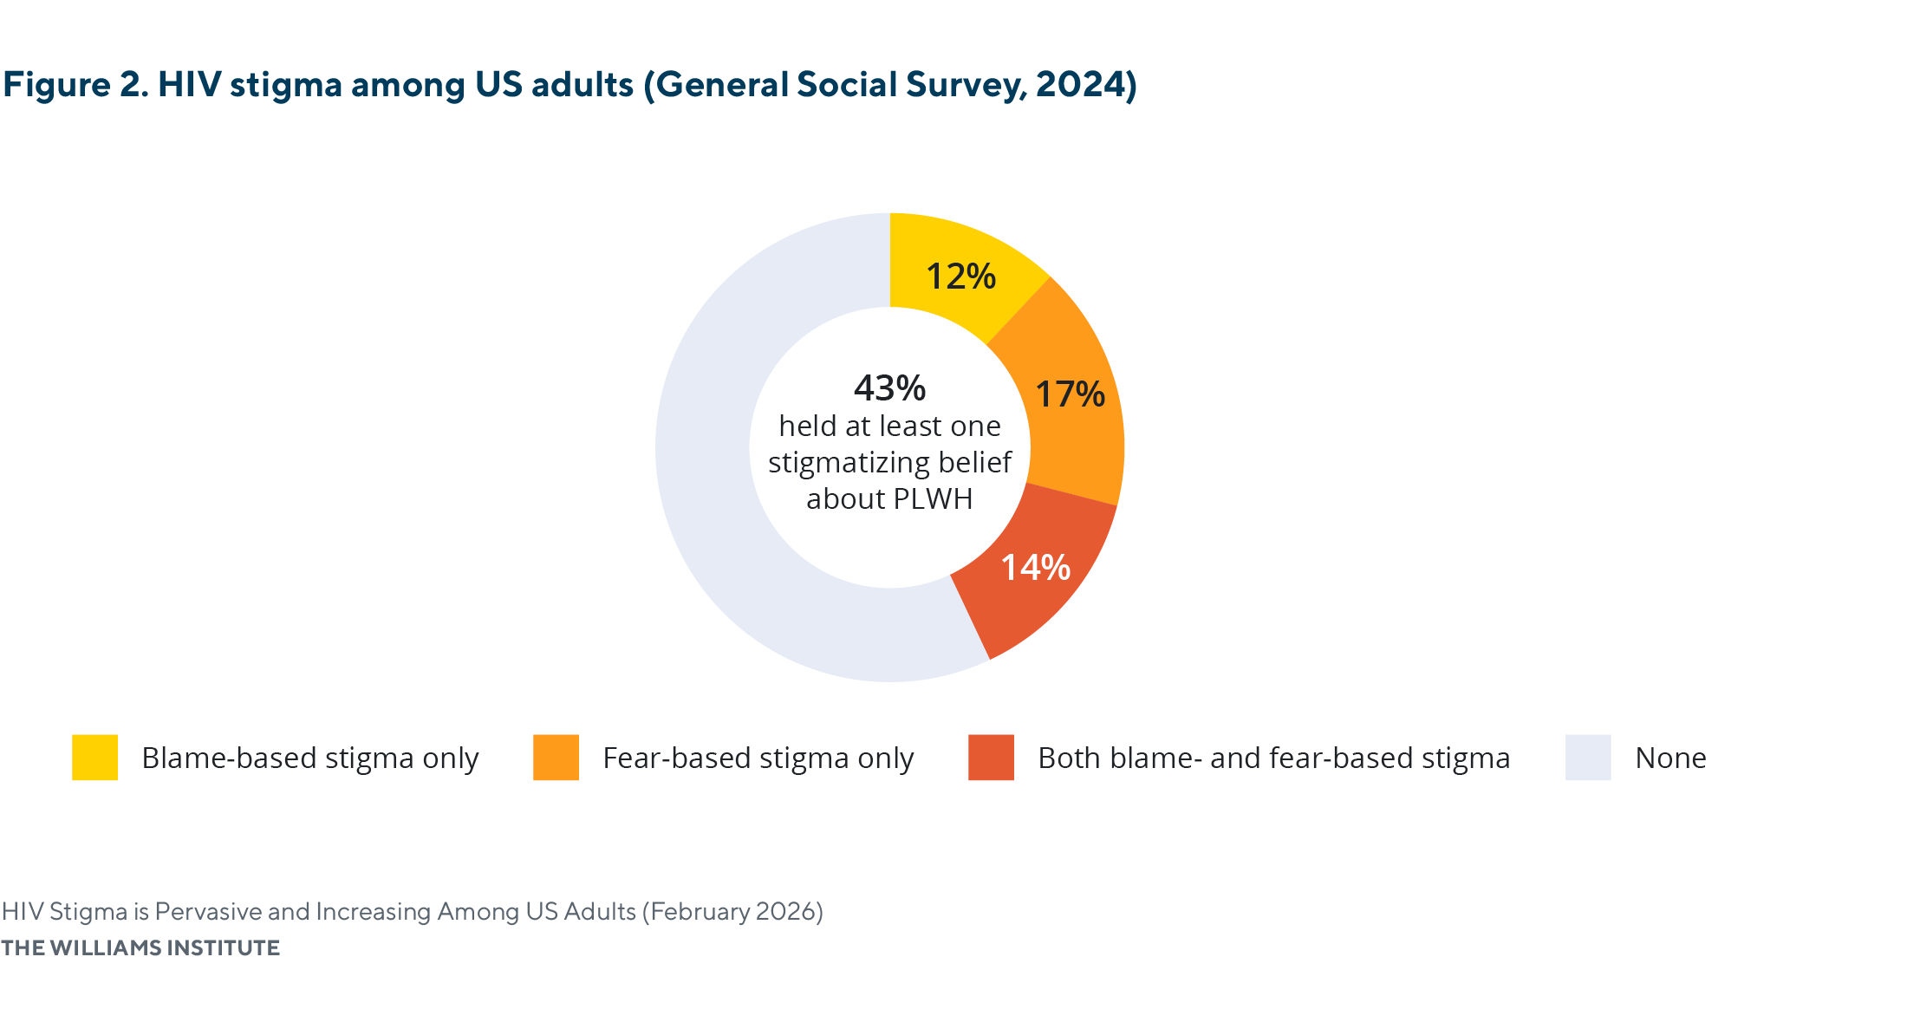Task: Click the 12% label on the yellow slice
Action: tap(960, 277)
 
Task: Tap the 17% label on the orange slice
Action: tap(1070, 394)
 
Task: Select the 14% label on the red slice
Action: tap(1035, 568)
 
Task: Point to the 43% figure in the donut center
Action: tap(889, 387)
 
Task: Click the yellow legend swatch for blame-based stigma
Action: tap(94, 758)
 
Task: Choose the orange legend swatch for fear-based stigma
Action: tap(556, 758)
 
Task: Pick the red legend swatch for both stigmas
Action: tap(991, 758)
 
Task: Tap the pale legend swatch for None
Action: tap(1588, 758)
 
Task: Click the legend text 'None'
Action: tap(1670, 758)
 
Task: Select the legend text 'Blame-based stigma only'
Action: tap(309, 758)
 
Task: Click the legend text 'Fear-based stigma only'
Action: tap(758, 758)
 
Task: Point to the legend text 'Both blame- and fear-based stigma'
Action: tap(1273, 758)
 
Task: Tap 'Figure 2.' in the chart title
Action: tap(75, 85)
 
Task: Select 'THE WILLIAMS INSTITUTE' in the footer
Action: tap(140, 947)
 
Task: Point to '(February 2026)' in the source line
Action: tap(732, 911)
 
